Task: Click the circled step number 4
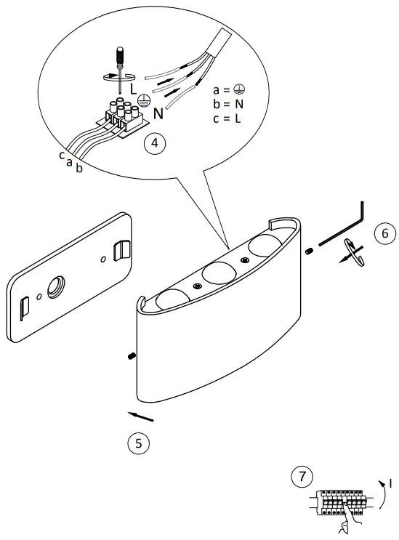[x=154, y=143]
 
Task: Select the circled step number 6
[x=384, y=233]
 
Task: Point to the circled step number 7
[x=298, y=477]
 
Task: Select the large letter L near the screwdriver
[x=133, y=88]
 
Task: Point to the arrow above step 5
[x=141, y=416]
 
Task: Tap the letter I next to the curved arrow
[x=390, y=482]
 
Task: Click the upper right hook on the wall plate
[x=123, y=249]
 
